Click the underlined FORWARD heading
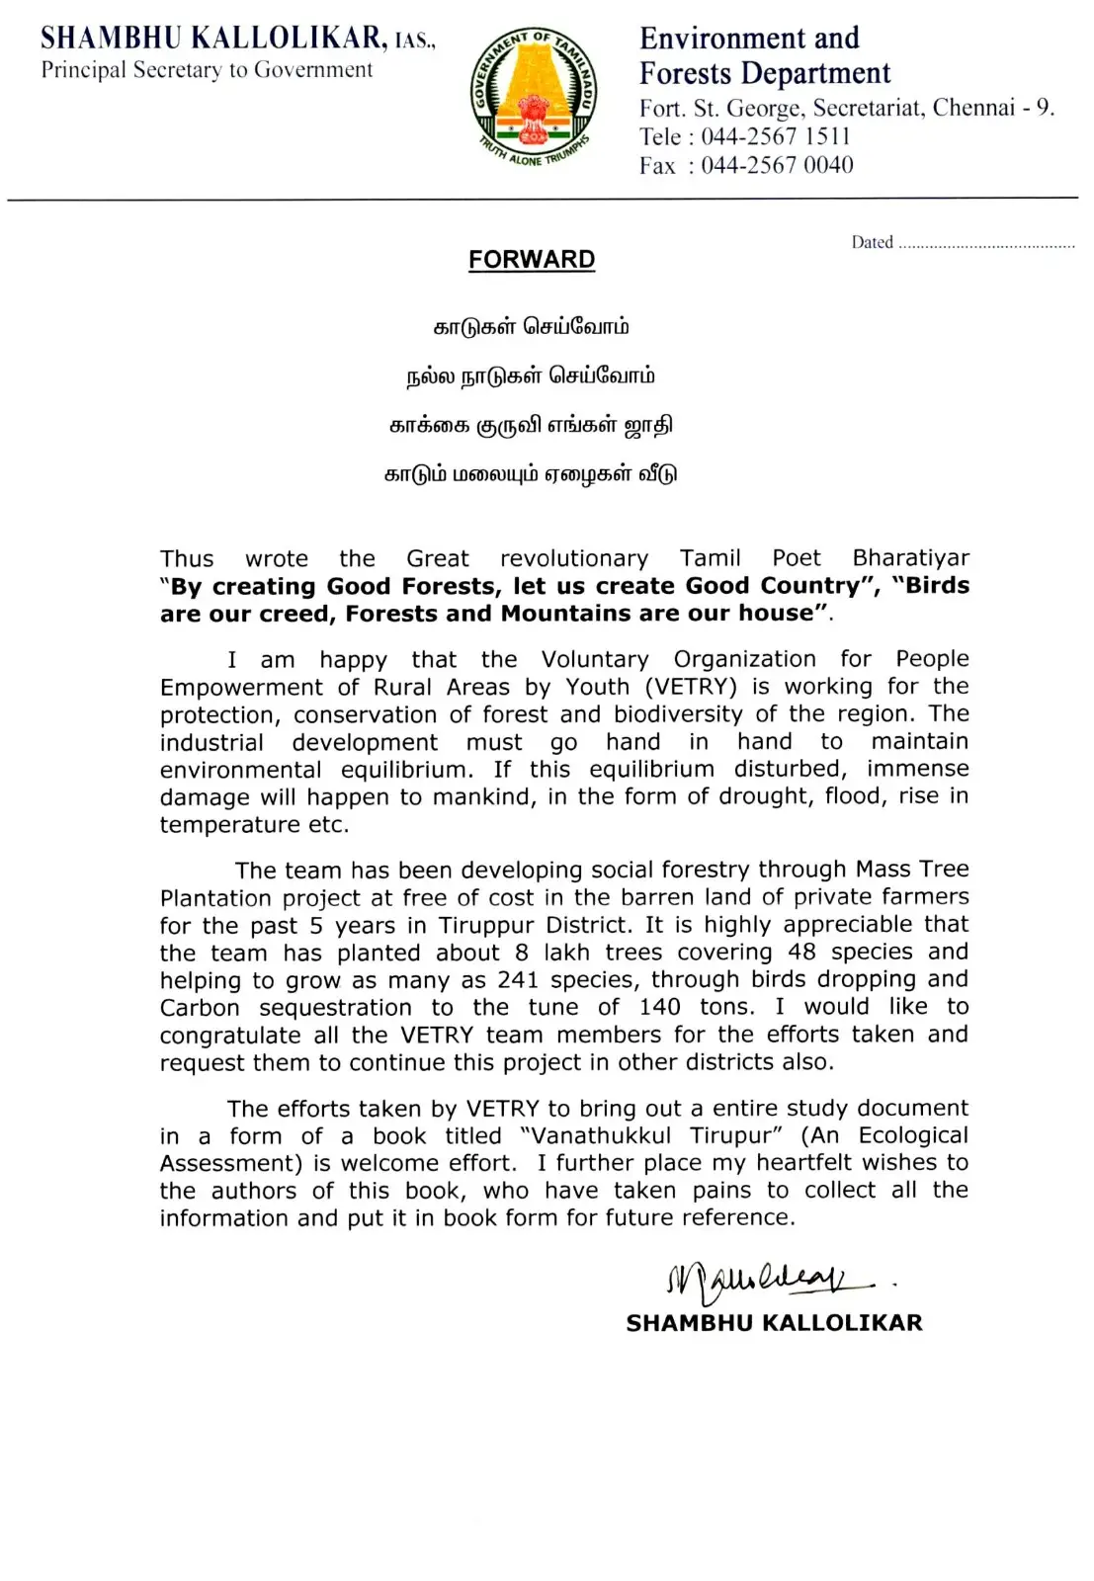click(532, 260)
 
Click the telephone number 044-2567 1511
click(776, 136)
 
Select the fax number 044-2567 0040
click(777, 165)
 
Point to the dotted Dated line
click(985, 244)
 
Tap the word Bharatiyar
click(910, 558)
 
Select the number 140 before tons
click(659, 1007)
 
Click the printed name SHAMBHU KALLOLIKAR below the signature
click(774, 1323)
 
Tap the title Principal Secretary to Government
click(207, 70)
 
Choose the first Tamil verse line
click(532, 327)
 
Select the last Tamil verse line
click(532, 473)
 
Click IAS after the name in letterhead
click(414, 42)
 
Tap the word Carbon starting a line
click(200, 1008)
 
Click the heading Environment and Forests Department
click(764, 55)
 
